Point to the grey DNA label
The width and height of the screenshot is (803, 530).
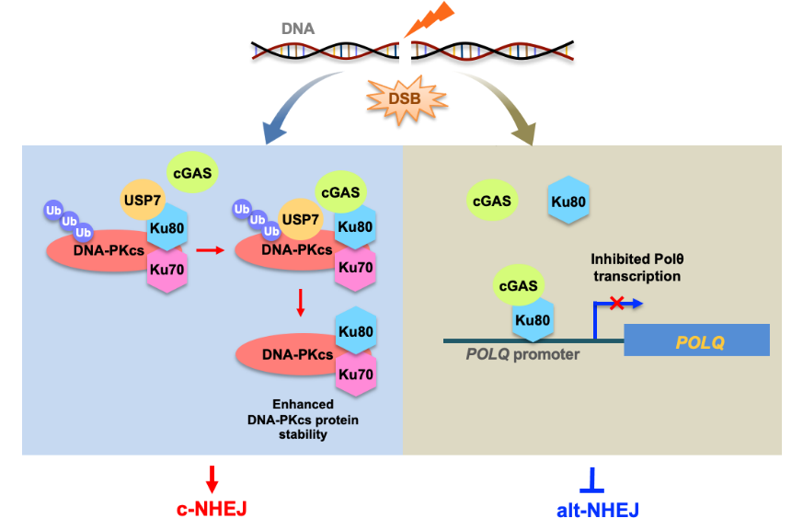[297, 29]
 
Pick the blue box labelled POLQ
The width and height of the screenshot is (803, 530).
[696, 341]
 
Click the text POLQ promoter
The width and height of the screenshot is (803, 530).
[522, 354]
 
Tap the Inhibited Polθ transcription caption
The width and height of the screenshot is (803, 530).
[637, 268]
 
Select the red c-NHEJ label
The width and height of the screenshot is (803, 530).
[212, 508]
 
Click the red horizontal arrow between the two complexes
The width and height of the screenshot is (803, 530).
[212, 248]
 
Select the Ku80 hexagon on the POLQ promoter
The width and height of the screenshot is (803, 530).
[533, 320]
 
